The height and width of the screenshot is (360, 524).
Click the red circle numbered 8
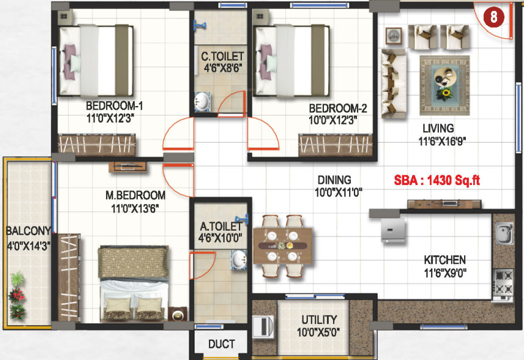[493, 17]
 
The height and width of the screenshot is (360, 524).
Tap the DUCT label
[221, 344]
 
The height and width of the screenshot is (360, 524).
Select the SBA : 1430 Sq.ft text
[437, 180]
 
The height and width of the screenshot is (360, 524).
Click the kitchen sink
[504, 233]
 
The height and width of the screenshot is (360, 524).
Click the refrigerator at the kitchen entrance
[393, 229]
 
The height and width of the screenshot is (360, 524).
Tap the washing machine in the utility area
[263, 326]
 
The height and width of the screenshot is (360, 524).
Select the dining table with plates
[283, 246]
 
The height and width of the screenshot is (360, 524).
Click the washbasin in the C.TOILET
[202, 101]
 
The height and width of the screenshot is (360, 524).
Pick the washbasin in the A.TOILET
[238, 259]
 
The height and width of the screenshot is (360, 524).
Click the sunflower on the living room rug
[445, 93]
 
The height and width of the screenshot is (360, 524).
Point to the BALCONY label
[28, 231]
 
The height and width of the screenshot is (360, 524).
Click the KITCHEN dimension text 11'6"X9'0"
[445, 273]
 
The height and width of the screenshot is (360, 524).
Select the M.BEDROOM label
[135, 195]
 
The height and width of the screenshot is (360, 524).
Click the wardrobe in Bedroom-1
[96, 145]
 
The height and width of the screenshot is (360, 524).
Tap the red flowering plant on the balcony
[17, 295]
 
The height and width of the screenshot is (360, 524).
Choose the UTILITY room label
[319, 320]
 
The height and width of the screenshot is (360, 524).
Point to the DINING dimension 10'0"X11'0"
[338, 192]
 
